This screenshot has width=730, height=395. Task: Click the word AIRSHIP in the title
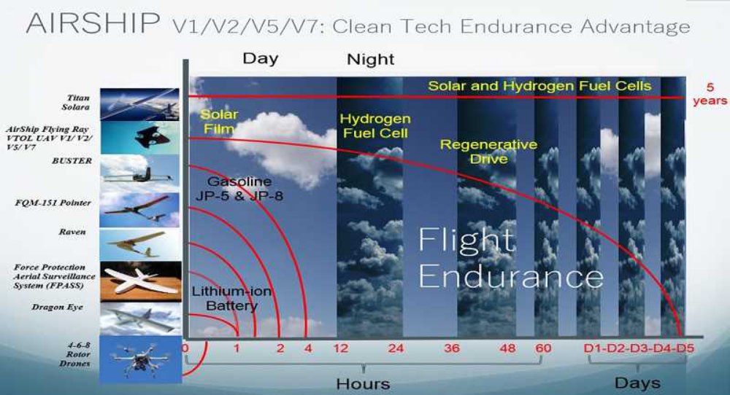pyautogui.click(x=93, y=23)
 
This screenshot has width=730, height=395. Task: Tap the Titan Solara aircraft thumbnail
pyautogui.click(x=139, y=104)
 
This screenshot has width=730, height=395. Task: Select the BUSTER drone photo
pyautogui.click(x=139, y=173)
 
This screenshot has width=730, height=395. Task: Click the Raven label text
pyautogui.click(x=72, y=232)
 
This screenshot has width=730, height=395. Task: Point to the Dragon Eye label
pyautogui.click(x=57, y=307)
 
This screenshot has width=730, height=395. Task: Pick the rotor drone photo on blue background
pyautogui.click(x=141, y=359)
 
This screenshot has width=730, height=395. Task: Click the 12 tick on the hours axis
pyautogui.click(x=341, y=348)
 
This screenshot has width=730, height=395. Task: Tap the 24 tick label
pyautogui.click(x=396, y=348)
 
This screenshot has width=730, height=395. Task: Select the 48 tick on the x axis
pyautogui.click(x=507, y=348)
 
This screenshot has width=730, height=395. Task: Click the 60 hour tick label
pyautogui.click(x=543, y=348)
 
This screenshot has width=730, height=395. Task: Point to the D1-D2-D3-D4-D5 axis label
pyautogui.click(x=639, y=348)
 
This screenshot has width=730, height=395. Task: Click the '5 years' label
pyautogui.click(x=710, y=94)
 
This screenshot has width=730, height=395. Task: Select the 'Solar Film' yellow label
pyautogui.click(x=219, y=121)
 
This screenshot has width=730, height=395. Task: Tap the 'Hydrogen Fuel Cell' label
pyautogui.click(x=375, y=126)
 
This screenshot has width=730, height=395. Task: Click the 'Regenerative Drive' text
pyautogui.click(x=489, y=152)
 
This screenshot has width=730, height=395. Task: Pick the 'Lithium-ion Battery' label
pyautogui.click(x=231, y=299)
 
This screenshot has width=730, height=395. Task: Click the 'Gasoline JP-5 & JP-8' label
pyautogui.click(x=239, y=188)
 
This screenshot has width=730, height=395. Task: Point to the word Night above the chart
pyautogui.click(x=371, y=59)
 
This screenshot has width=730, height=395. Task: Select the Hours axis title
pyautogui.click(x=363, y=384)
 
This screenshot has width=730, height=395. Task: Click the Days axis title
pyautogui.click(x=637, y=383)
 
